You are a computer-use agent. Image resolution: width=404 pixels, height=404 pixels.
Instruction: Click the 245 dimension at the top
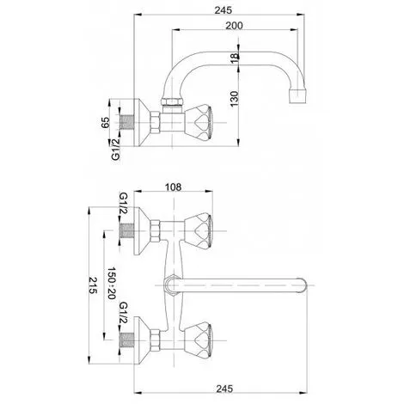pos(223,10)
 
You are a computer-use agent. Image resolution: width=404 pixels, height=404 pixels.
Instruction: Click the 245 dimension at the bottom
pos(224,389)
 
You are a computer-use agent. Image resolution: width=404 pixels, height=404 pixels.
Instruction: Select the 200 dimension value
pos(234,26)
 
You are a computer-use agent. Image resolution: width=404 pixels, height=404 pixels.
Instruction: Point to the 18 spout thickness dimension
pos(235,58)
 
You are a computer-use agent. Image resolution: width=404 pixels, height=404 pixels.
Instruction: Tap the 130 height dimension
pos(235,99)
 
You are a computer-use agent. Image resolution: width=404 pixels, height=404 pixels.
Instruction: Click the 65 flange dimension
pos(105,122)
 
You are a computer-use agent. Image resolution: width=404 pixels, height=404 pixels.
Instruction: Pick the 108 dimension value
pos(173,187)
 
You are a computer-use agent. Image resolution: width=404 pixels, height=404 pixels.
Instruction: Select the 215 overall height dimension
pos(93,285)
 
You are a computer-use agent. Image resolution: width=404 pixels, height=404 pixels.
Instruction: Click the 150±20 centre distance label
pos(111,283)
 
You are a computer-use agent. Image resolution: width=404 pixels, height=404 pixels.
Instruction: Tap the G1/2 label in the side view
pos(115,149)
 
